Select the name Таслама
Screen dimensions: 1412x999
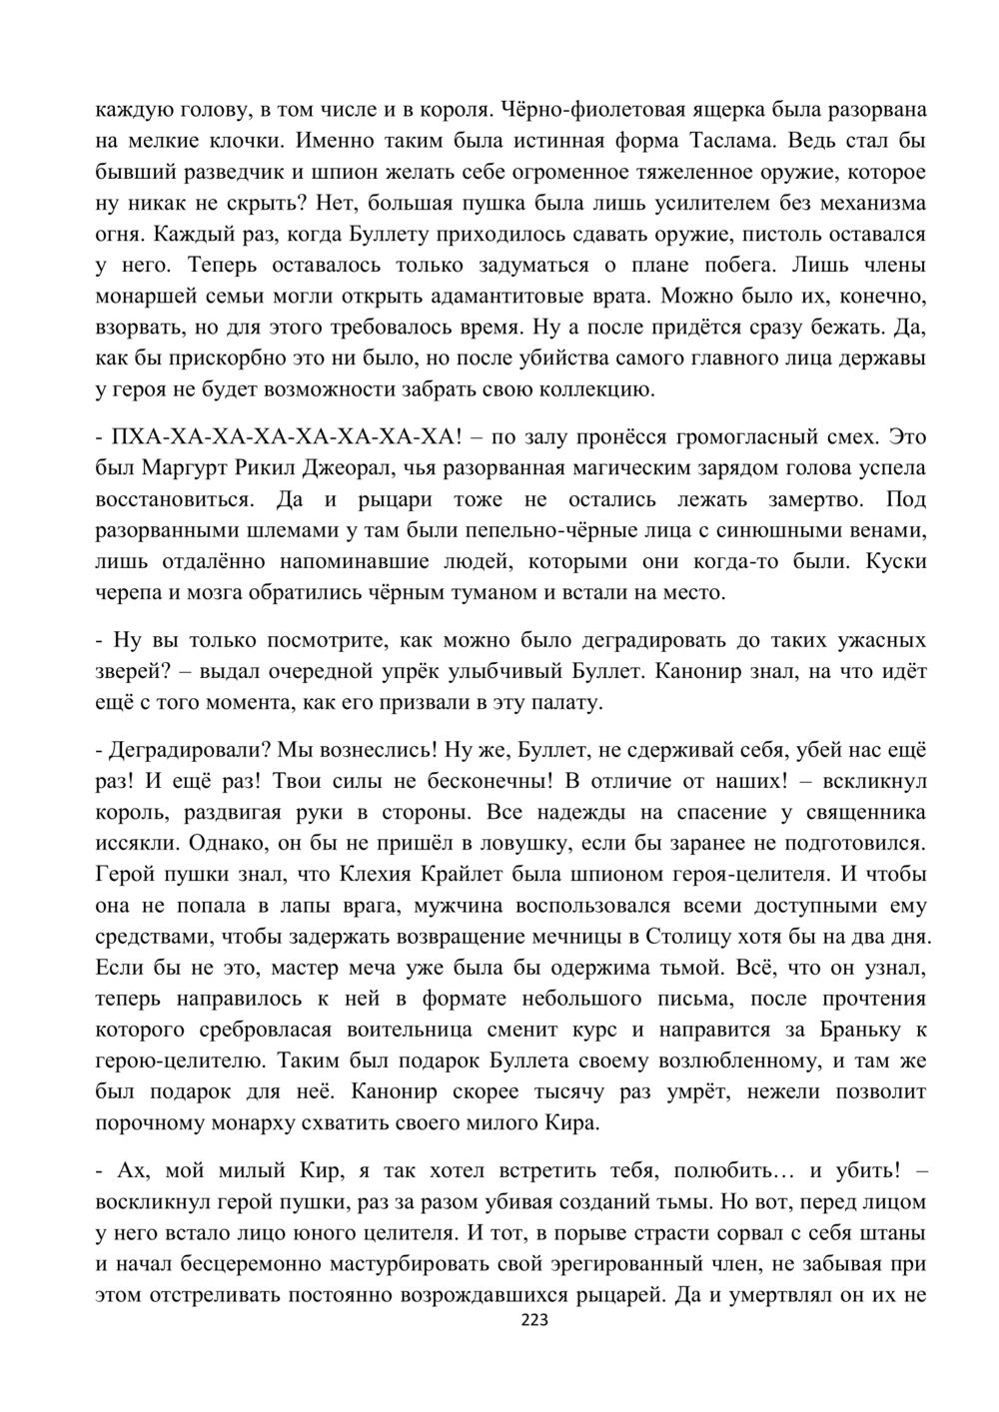click(734, 140)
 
